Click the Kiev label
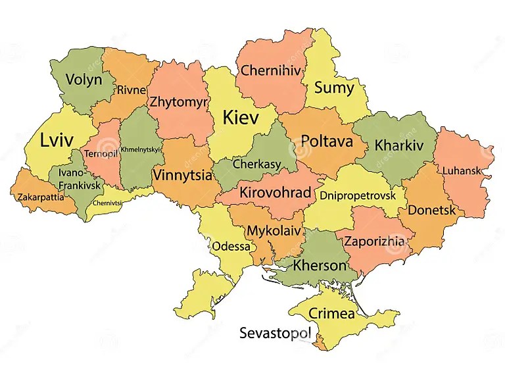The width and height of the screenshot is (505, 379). [x=241, y=118]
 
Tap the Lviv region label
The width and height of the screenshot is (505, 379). [x=57, y=141]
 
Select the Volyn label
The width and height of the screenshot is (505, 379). [x=84, y=80]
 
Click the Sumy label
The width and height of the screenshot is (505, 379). [x=333, y=88]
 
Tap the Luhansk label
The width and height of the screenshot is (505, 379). [x=462, y=170]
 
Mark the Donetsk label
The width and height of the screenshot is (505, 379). [x=431, y=211]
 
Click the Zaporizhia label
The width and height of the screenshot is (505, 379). [x=374, y=241]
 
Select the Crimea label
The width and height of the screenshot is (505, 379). [x=331, y=313]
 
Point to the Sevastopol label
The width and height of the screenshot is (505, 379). [x=274, y=332]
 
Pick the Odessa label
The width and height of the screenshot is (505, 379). [x=231, y=247]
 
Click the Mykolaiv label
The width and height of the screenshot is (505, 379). [x=274, y=231]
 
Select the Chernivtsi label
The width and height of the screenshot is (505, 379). [x=107, y=203]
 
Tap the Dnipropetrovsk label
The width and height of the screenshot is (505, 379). [x=358, y=195]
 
